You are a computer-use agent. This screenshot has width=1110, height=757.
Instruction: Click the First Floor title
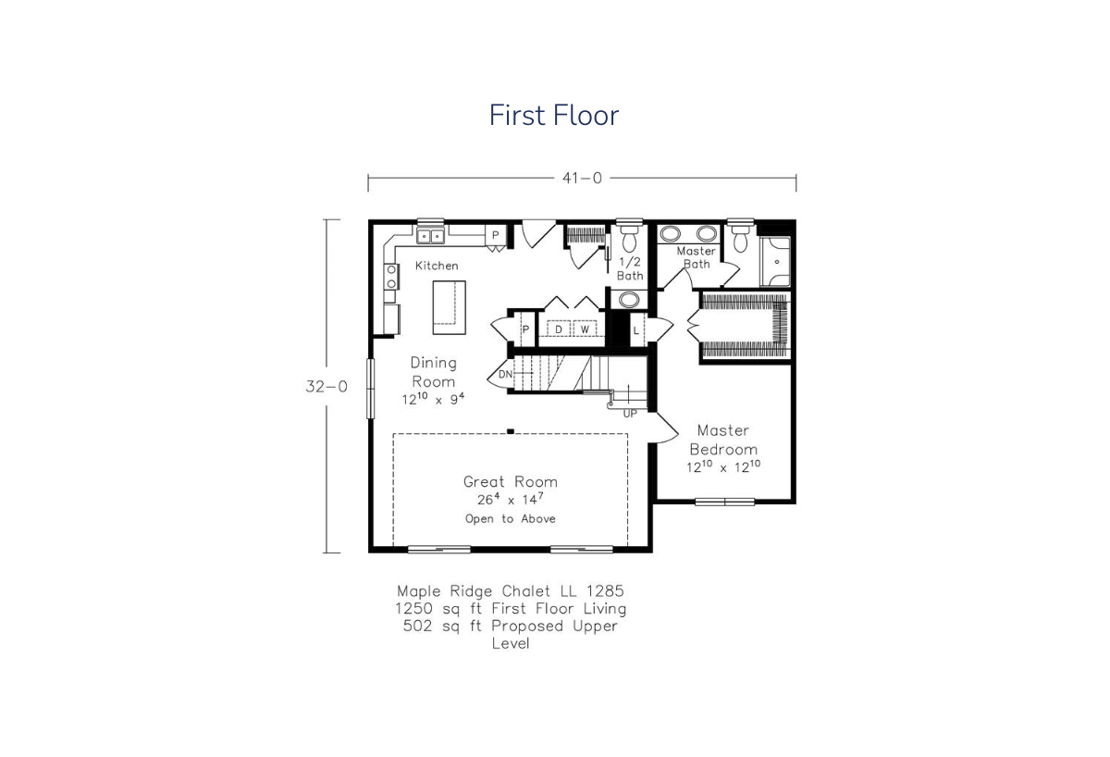(554, 115)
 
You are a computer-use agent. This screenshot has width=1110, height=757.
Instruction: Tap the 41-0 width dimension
(582, 178)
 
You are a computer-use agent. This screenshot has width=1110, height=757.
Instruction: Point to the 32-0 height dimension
(327, 386)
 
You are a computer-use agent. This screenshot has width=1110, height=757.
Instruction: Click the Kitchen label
(437, 266)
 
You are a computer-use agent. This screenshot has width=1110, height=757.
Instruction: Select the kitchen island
(449, 307)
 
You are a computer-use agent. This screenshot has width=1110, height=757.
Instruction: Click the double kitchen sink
(430, 237)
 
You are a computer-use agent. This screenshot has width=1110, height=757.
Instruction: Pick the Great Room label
(511, 481)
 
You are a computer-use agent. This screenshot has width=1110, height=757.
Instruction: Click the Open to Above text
(511, 518)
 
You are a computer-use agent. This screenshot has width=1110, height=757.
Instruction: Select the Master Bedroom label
(723, 440)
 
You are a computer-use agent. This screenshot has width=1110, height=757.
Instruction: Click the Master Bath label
(697, 257)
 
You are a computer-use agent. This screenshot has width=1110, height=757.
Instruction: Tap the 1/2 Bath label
(630, 268)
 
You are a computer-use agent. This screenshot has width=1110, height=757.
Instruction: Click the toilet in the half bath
(629, 239)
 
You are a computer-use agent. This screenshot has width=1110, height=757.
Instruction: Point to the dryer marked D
(559, 329)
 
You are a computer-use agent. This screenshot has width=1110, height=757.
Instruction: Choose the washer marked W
(585, 329)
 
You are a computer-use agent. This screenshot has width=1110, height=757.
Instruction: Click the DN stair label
(505, 374)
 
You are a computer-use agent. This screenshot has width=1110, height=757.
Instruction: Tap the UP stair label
(630, 414)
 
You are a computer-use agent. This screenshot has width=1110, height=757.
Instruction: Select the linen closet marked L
(636, 329)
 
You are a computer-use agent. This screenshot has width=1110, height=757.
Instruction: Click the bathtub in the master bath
(775, 262)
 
